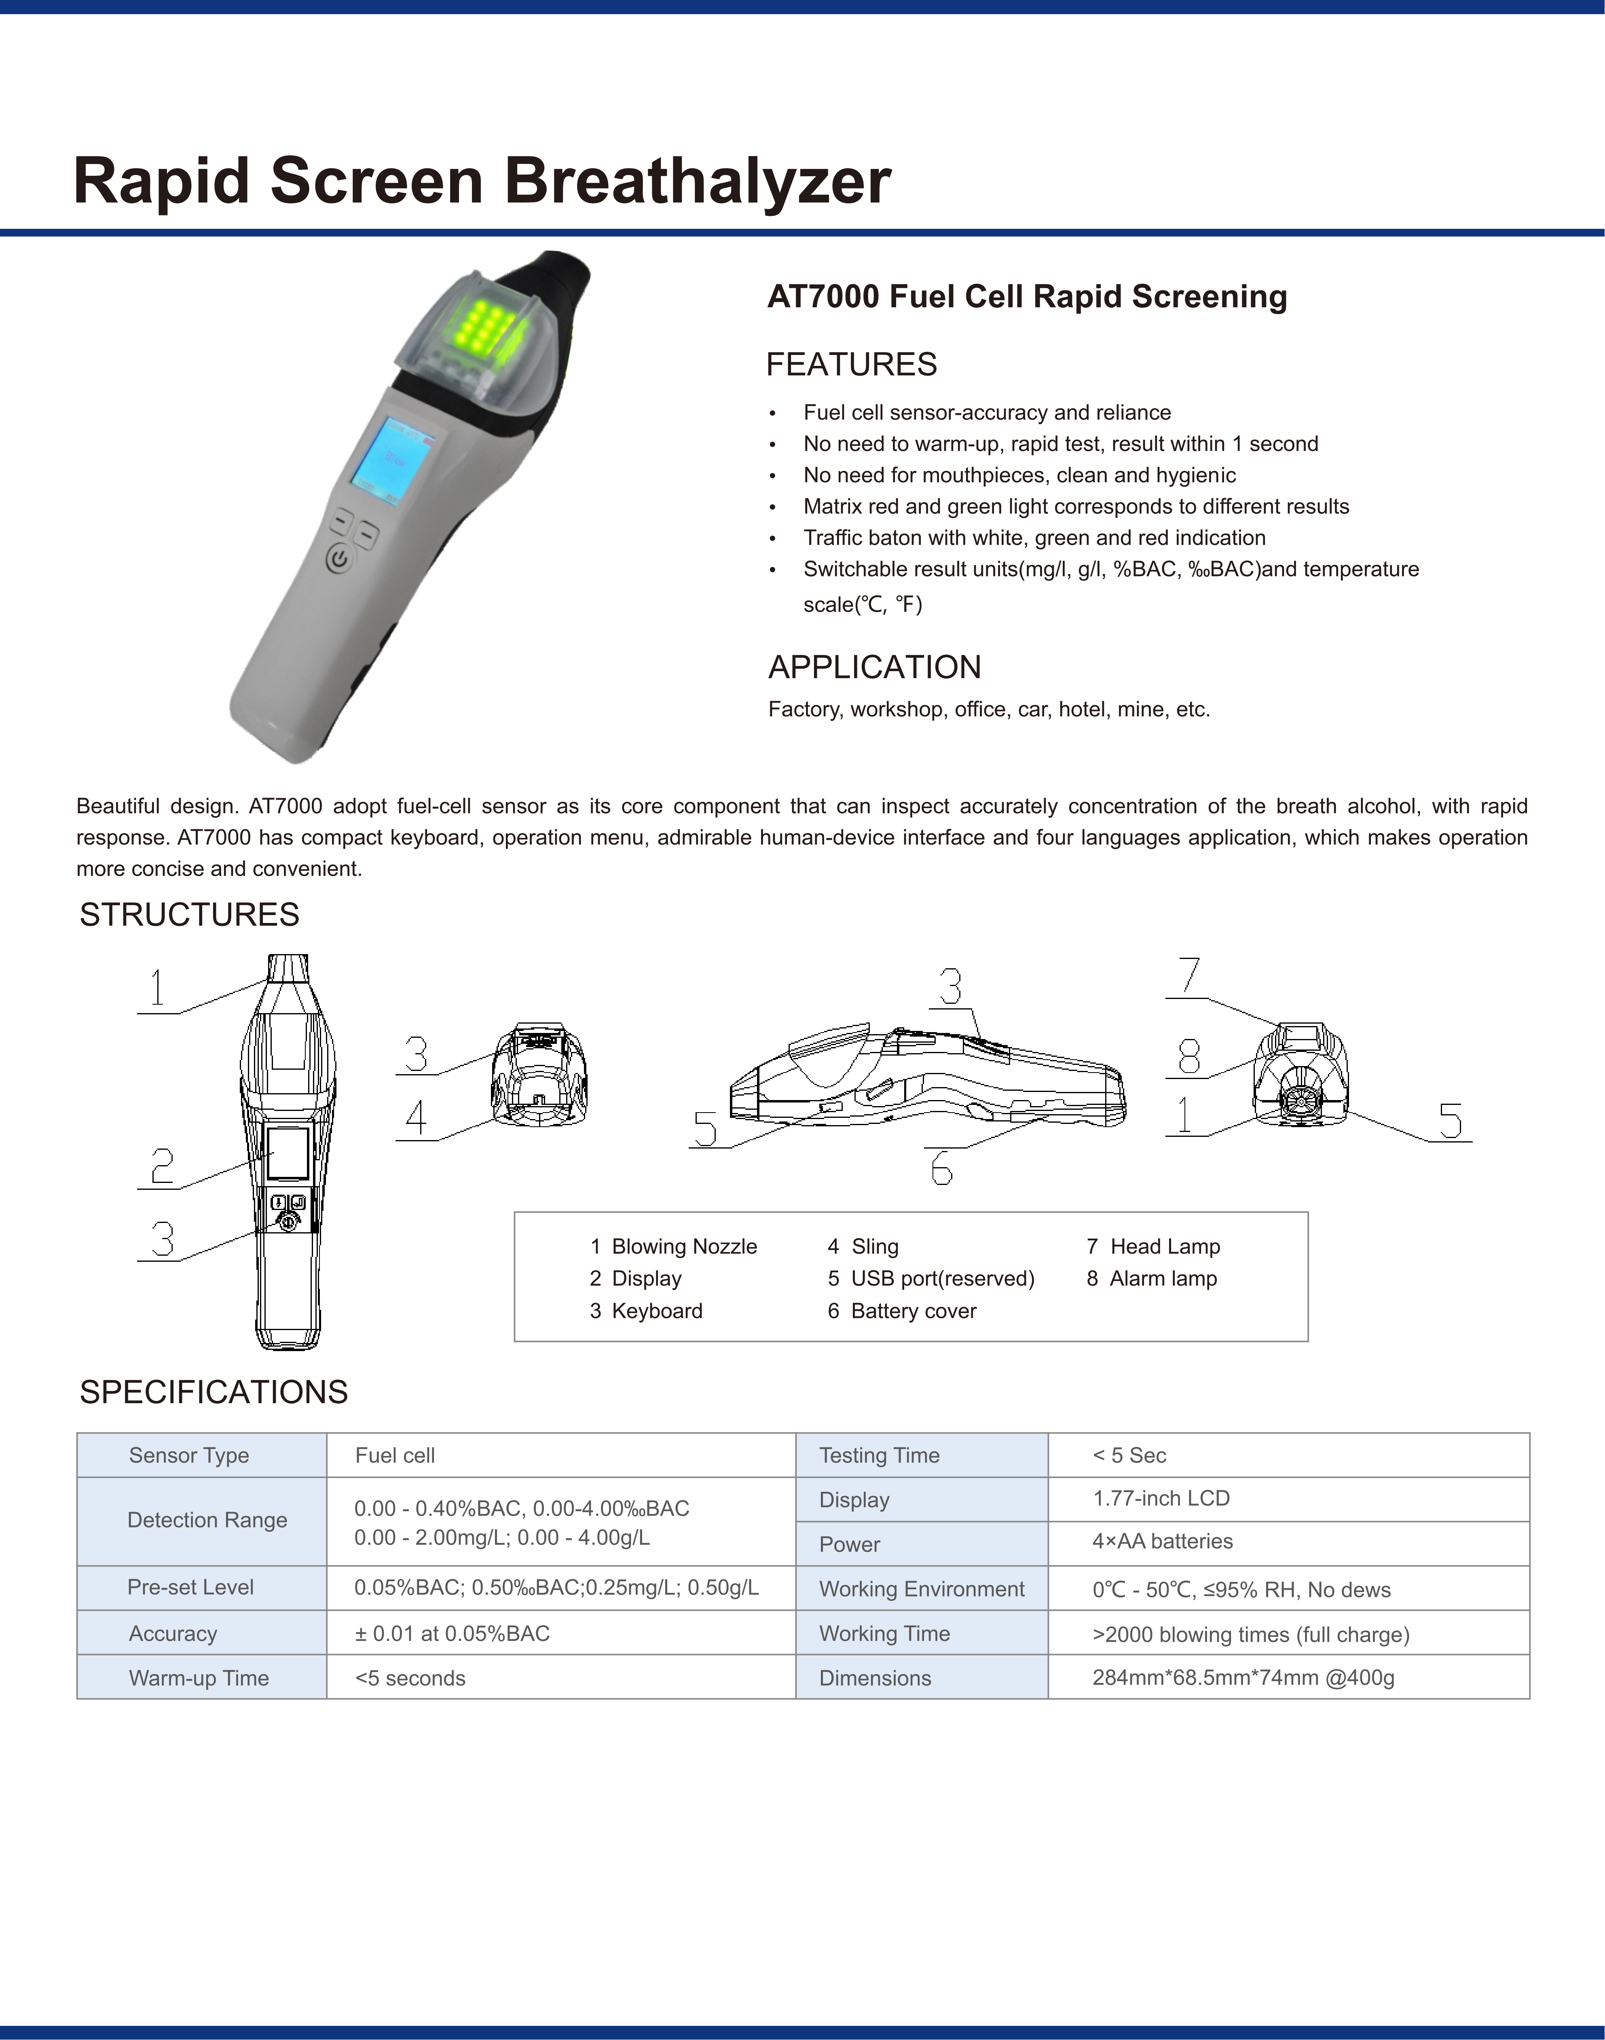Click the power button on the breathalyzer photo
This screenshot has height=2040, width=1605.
339,561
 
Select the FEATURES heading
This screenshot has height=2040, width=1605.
851,364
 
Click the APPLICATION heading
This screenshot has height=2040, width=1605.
874,667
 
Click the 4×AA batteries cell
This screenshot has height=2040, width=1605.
1163,1541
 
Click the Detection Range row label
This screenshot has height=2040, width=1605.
207,1520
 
